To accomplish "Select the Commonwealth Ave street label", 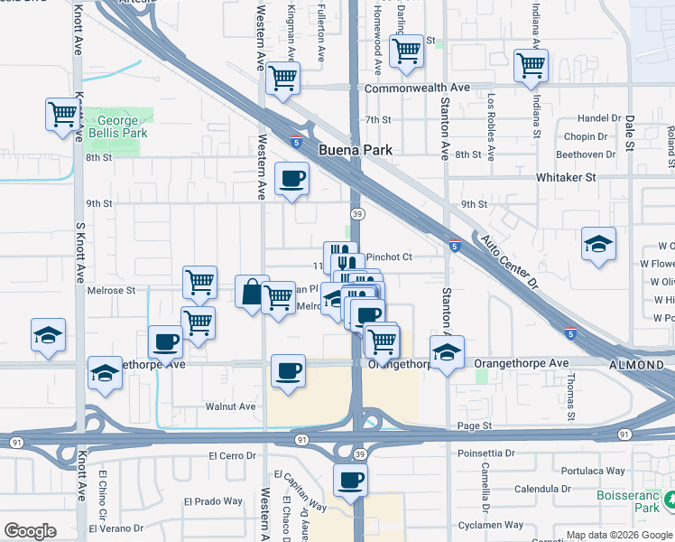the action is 417,88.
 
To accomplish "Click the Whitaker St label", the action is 566,177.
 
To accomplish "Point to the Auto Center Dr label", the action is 508,263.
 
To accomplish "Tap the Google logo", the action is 30,531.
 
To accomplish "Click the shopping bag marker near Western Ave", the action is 252,292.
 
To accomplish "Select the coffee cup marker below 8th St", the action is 291,178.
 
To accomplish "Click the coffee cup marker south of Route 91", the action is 350,480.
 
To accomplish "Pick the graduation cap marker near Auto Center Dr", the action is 598,244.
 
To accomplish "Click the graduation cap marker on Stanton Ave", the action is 446,352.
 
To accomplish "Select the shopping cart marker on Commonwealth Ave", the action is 282,79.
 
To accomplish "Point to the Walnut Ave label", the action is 230,406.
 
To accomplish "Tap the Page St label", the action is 474,425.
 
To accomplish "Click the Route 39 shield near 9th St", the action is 358,213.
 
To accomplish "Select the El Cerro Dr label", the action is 232,456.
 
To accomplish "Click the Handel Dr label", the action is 600,118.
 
